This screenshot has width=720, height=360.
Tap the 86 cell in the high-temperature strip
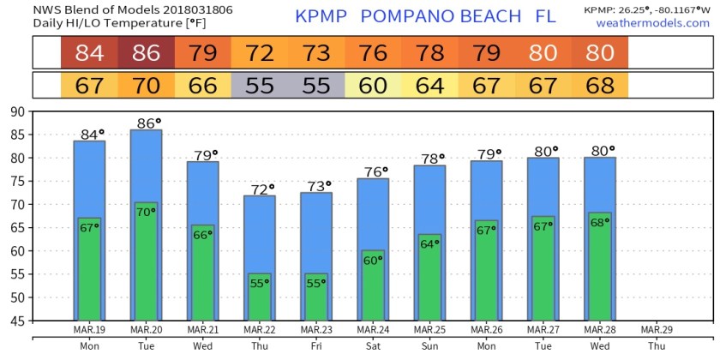pos(146,53)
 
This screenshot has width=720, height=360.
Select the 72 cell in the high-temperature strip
pos(260,53)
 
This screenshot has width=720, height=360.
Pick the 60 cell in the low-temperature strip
pos(373,86)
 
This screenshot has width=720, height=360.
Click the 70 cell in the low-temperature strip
pos(146,86)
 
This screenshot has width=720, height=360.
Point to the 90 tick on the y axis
pos(17,111)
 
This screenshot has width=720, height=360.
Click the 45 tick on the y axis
pos(17,321)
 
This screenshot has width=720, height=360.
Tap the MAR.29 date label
pos(656,330)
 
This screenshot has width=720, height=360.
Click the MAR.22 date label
pos(260,330)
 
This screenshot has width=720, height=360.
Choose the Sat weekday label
pos(373,347)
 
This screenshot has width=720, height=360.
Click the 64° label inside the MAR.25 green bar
pos(429,243)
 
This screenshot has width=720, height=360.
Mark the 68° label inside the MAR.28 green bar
pos(600,222)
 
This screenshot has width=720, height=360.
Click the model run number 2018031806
pos(142,8)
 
